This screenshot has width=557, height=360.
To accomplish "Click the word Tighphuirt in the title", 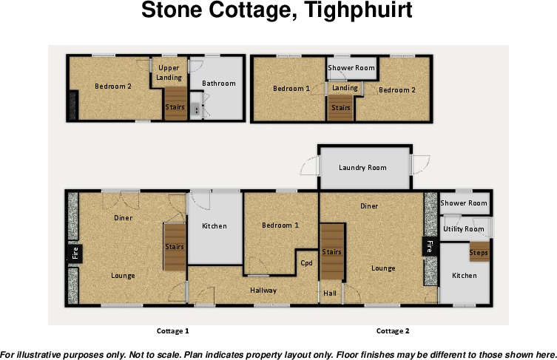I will [x=353, y=12].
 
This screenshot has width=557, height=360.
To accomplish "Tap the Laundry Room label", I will [x=362, y=168].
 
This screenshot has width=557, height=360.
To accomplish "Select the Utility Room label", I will [x=463, y=230].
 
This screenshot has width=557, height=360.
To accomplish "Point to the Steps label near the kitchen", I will [x=479, y=254].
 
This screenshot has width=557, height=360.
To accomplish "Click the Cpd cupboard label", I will [x=307, y=262].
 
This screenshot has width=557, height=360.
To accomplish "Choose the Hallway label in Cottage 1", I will [x=263, y=291].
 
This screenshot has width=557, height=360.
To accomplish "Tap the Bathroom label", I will [x=219, y=84].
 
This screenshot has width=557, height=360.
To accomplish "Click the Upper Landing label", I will [x=169, y=73].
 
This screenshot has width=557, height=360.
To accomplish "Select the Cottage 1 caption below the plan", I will [x=173, y=331].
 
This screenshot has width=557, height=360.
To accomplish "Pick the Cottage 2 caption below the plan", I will [x=393, y=331].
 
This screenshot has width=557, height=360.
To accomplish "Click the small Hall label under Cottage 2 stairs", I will [x=330, y=293].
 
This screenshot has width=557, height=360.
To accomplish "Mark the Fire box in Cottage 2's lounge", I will [x=428, y=247].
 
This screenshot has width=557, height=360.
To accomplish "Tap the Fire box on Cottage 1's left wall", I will [x=74, y=254].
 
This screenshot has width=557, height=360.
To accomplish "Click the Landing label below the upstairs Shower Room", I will [x=345, y=88].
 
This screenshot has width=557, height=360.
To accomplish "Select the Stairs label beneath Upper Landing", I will [x=175, y=107].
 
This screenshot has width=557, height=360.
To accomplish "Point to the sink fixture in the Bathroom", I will [x=196, y=109].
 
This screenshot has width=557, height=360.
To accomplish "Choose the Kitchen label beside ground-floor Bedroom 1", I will [x=215, y=226].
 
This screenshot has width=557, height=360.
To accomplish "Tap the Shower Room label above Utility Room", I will [x=464, y=203].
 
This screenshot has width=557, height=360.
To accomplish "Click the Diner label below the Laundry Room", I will [x=370, y=206].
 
